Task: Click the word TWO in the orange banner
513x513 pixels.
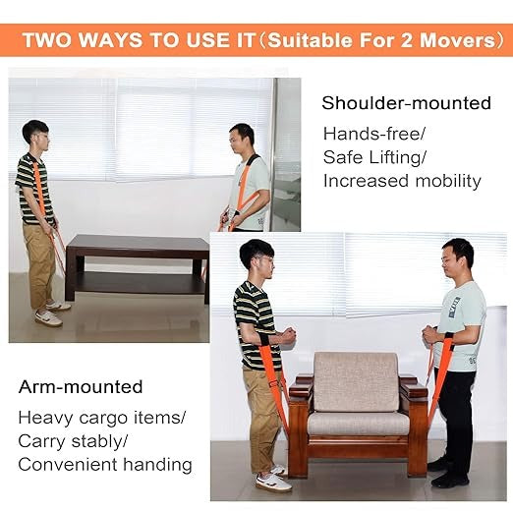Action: [x=47, y=40]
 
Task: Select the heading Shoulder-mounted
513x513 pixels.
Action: [x=406, y=103]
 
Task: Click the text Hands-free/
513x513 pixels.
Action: [x=374, y=134]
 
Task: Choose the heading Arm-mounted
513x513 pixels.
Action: [x=81, y=387]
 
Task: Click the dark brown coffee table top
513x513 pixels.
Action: [x=138, y=243]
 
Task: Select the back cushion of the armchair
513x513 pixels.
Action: [x=356, y=381]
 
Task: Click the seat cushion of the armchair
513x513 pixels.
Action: [x=359, y=424]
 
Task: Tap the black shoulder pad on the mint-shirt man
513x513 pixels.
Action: [x=253, y=162]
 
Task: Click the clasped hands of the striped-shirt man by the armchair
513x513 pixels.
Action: [x=287, y=336]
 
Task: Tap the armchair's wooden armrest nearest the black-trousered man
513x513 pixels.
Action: [x=413, y=389]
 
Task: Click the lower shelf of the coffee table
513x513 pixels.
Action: [x=138, y=283]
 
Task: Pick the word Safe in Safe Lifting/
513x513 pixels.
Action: [x=343, y=157]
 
